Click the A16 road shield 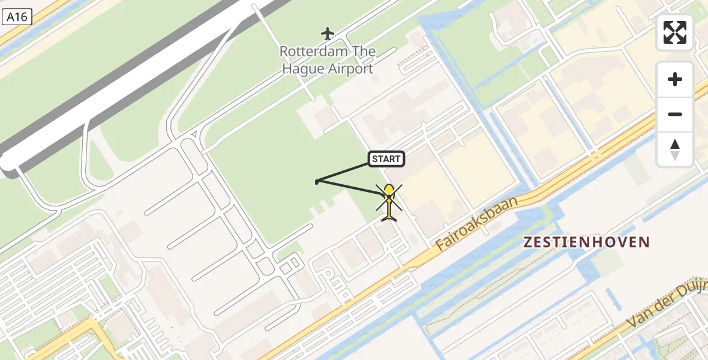coord(16,17)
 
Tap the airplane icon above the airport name coord(327,32)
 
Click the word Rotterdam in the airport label coord(310,52)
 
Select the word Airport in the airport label coord(350,68)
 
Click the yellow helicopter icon coord(389,202)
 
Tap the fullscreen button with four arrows coord(675,32)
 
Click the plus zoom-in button coord(675,79)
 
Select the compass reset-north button coord(675,149)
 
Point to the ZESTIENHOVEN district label coord(587,242)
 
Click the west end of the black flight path coord(317,181)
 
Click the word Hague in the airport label coord(304,68)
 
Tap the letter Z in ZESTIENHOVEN coord(529,242)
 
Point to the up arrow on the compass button coord(675,144)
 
